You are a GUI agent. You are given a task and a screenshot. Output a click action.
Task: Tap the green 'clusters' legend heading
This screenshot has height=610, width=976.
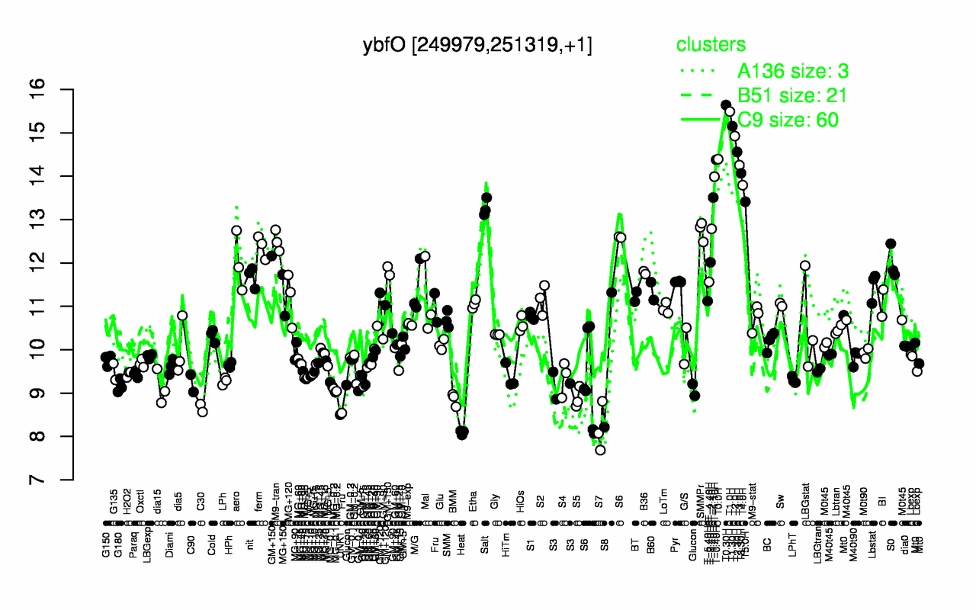click(x=711, y=46)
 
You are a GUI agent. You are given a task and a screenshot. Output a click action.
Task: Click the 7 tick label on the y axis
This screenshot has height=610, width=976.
click(x=59, y=480)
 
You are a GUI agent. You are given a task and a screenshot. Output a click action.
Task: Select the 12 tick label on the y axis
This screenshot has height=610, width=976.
click(x=59, y=263)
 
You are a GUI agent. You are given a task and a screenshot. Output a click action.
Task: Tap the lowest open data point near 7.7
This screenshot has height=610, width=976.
click(x=600, y=450)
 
